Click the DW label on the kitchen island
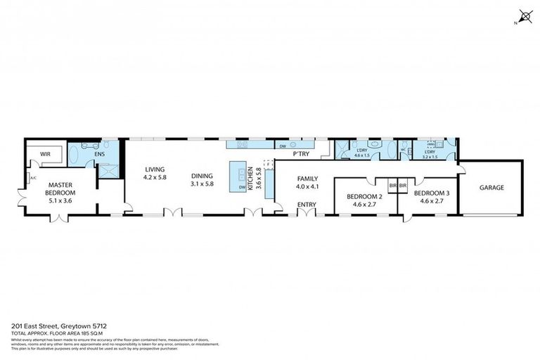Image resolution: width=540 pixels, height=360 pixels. pos(242,187)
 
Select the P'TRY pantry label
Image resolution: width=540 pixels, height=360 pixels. pos(301,153)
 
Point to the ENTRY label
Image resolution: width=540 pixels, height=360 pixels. pos(307,205)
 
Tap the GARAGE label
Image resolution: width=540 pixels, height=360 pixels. pos(492,188)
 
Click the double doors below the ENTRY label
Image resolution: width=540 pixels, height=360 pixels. pos(307,212)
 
